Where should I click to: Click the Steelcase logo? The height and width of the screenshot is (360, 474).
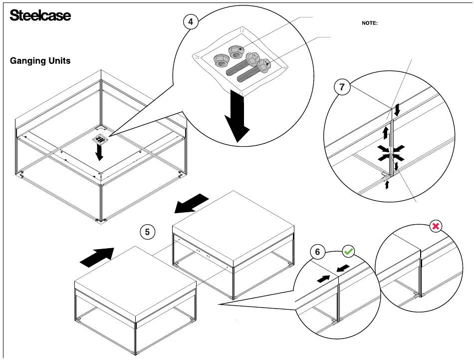(x=40, y=15)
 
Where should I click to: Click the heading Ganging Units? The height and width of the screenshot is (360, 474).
(x=40, y=61)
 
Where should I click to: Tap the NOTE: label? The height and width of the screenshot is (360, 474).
(x=369, y=23)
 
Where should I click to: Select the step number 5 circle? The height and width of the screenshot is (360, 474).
(x=147, y=232)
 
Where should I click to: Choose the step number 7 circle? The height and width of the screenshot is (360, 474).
(x=341, y=87)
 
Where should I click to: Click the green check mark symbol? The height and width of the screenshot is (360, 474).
(x=348, y=252)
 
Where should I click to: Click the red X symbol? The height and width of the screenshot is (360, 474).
(x=436, y=227)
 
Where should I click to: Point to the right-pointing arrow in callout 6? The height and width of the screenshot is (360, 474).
(x=323, y=278)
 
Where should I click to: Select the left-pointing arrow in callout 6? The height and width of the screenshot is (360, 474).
(x=343, y=269)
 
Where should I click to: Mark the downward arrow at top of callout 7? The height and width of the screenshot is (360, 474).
(x=397, y=110)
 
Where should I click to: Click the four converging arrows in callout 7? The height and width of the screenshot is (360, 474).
(x=391, y=152)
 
